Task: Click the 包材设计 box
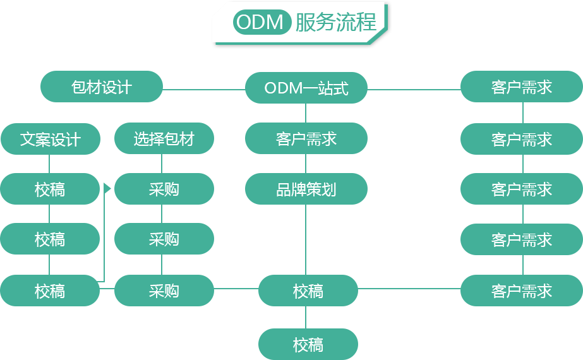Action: (x=101, y=87)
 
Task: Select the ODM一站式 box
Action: (x=306, y=88)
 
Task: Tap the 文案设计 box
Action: (x=50, y=139)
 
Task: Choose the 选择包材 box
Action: (x=164, y=139)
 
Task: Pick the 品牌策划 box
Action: (x=306, y=189)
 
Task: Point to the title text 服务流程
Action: (x=335, y=22)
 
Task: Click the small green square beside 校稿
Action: (x=107, y=188)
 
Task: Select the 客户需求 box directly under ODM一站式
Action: (x=306, y=139)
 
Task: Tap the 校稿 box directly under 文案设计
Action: (x=50, y=189)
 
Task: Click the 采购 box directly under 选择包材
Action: (x=164, y=189)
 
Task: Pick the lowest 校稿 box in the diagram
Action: (x=308, y=344)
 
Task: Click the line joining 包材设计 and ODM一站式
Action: (x=203, y=88)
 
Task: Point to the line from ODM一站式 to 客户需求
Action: (x=413, y=88)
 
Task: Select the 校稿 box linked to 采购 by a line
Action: (x=308, y=291)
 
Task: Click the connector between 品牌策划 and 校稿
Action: (x=306, y=239)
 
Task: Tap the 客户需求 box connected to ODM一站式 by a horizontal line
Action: (x=521, y=87)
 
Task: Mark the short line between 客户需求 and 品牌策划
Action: (x=306, y=164)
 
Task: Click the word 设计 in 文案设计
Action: (x=66, y=139)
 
